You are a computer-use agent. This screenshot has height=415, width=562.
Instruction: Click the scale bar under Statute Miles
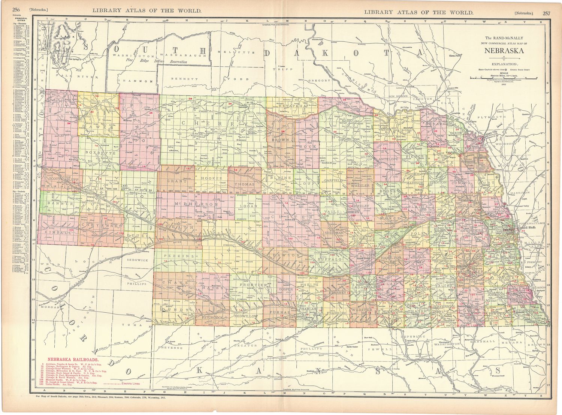coord(504,78)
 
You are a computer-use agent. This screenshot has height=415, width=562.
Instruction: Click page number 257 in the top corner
coord(546,13)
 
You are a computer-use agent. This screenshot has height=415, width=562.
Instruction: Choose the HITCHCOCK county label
coord(212,318)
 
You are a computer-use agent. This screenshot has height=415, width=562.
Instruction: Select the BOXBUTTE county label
coord(97,153)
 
